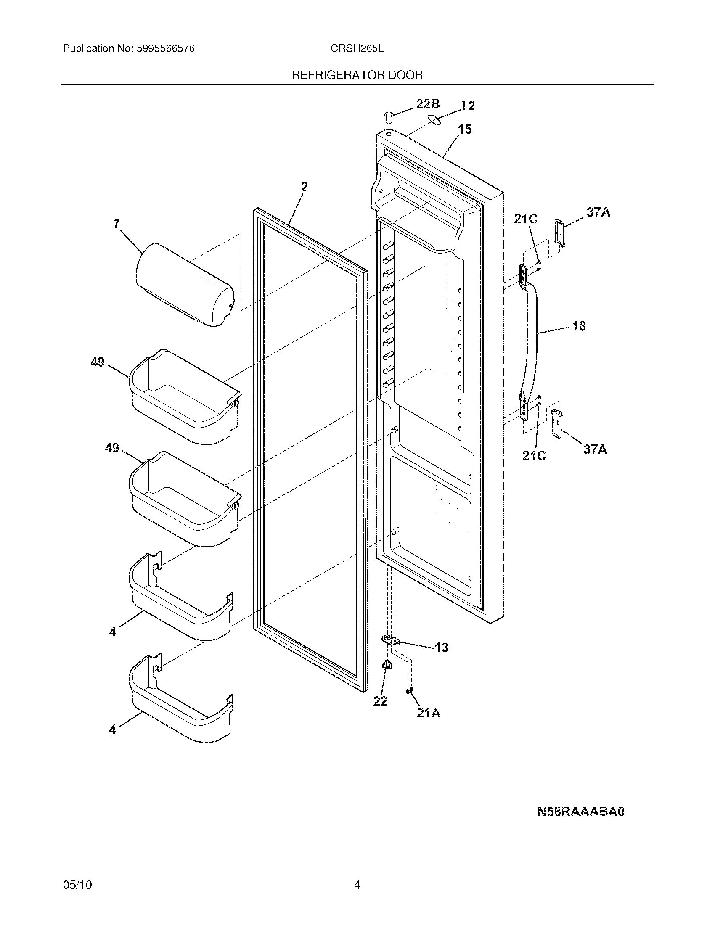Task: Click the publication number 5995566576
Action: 165,49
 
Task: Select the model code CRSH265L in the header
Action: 357,49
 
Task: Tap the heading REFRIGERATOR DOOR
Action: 357,75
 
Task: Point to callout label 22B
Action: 427,104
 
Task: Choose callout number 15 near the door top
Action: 465,129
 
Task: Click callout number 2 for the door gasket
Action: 304,187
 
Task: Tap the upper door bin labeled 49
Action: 184,396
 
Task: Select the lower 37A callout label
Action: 595,449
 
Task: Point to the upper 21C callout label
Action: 525,219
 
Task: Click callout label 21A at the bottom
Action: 429,714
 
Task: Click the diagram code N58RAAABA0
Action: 581,812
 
